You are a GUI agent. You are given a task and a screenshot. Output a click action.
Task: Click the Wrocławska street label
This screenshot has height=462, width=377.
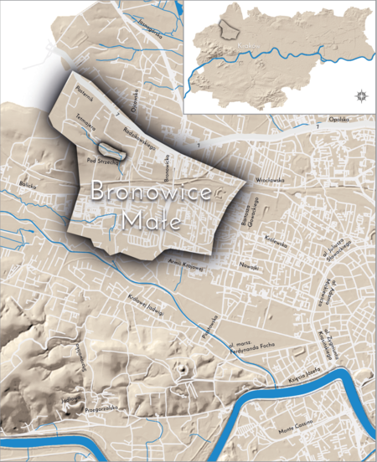271,178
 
